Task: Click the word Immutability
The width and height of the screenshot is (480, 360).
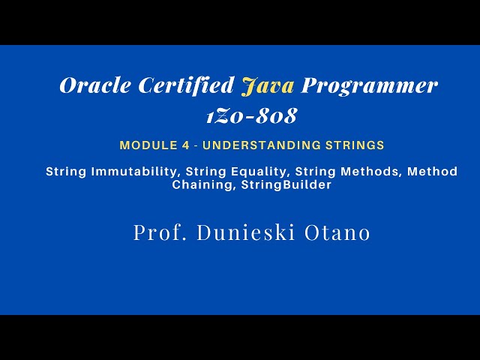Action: pyautogui.click(x=134, y=172)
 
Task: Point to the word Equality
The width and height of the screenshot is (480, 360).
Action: pyautogui.click(x=253, y=172)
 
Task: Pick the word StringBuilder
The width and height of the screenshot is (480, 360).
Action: pyautogui.click(x=286, y=185)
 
